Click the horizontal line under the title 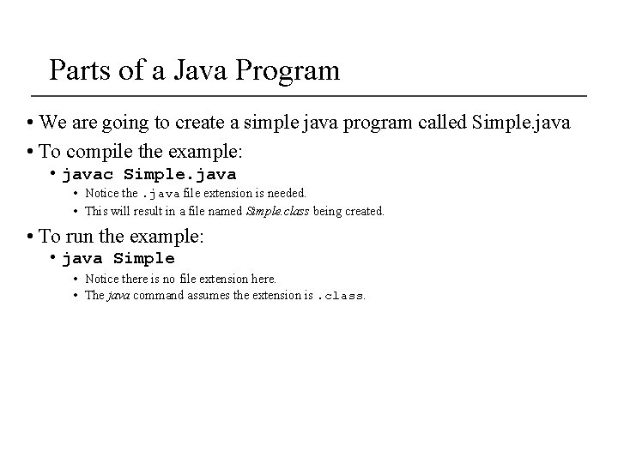click(309, 93)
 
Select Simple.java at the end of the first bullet click(521, 123)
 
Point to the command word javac click(89, 175)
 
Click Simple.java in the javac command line click(180, 175)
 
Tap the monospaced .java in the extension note click(160, 194)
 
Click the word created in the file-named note click(364, 210)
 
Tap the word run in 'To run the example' click(76, 237)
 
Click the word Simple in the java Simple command click(144, 258)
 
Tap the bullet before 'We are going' click(30, 123)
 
